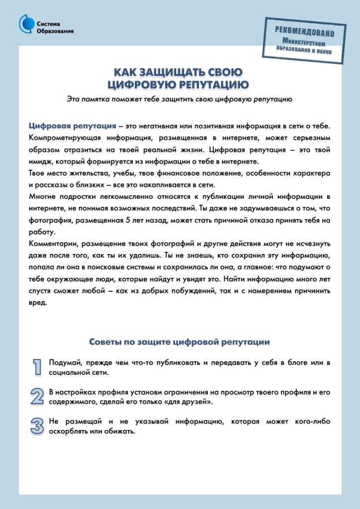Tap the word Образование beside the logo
[55, 31]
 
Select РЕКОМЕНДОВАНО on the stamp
[304, 31]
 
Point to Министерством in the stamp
[305, 42]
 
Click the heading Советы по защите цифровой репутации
[180, 342]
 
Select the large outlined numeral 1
[37, 366]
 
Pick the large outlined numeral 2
[37, 396]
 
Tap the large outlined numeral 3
[37, 426]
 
